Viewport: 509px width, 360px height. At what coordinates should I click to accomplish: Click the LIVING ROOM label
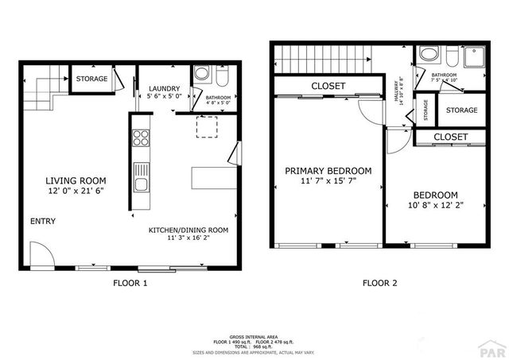(76, 180)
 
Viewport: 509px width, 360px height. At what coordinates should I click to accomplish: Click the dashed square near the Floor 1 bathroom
(207, 126)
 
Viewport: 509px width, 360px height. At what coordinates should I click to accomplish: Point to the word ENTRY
(43, 221)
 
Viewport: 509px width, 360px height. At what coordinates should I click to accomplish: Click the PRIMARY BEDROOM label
(328, 171)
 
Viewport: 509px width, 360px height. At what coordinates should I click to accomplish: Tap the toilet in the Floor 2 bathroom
(451, 56)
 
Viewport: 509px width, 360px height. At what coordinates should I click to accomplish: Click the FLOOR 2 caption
(379, 283)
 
